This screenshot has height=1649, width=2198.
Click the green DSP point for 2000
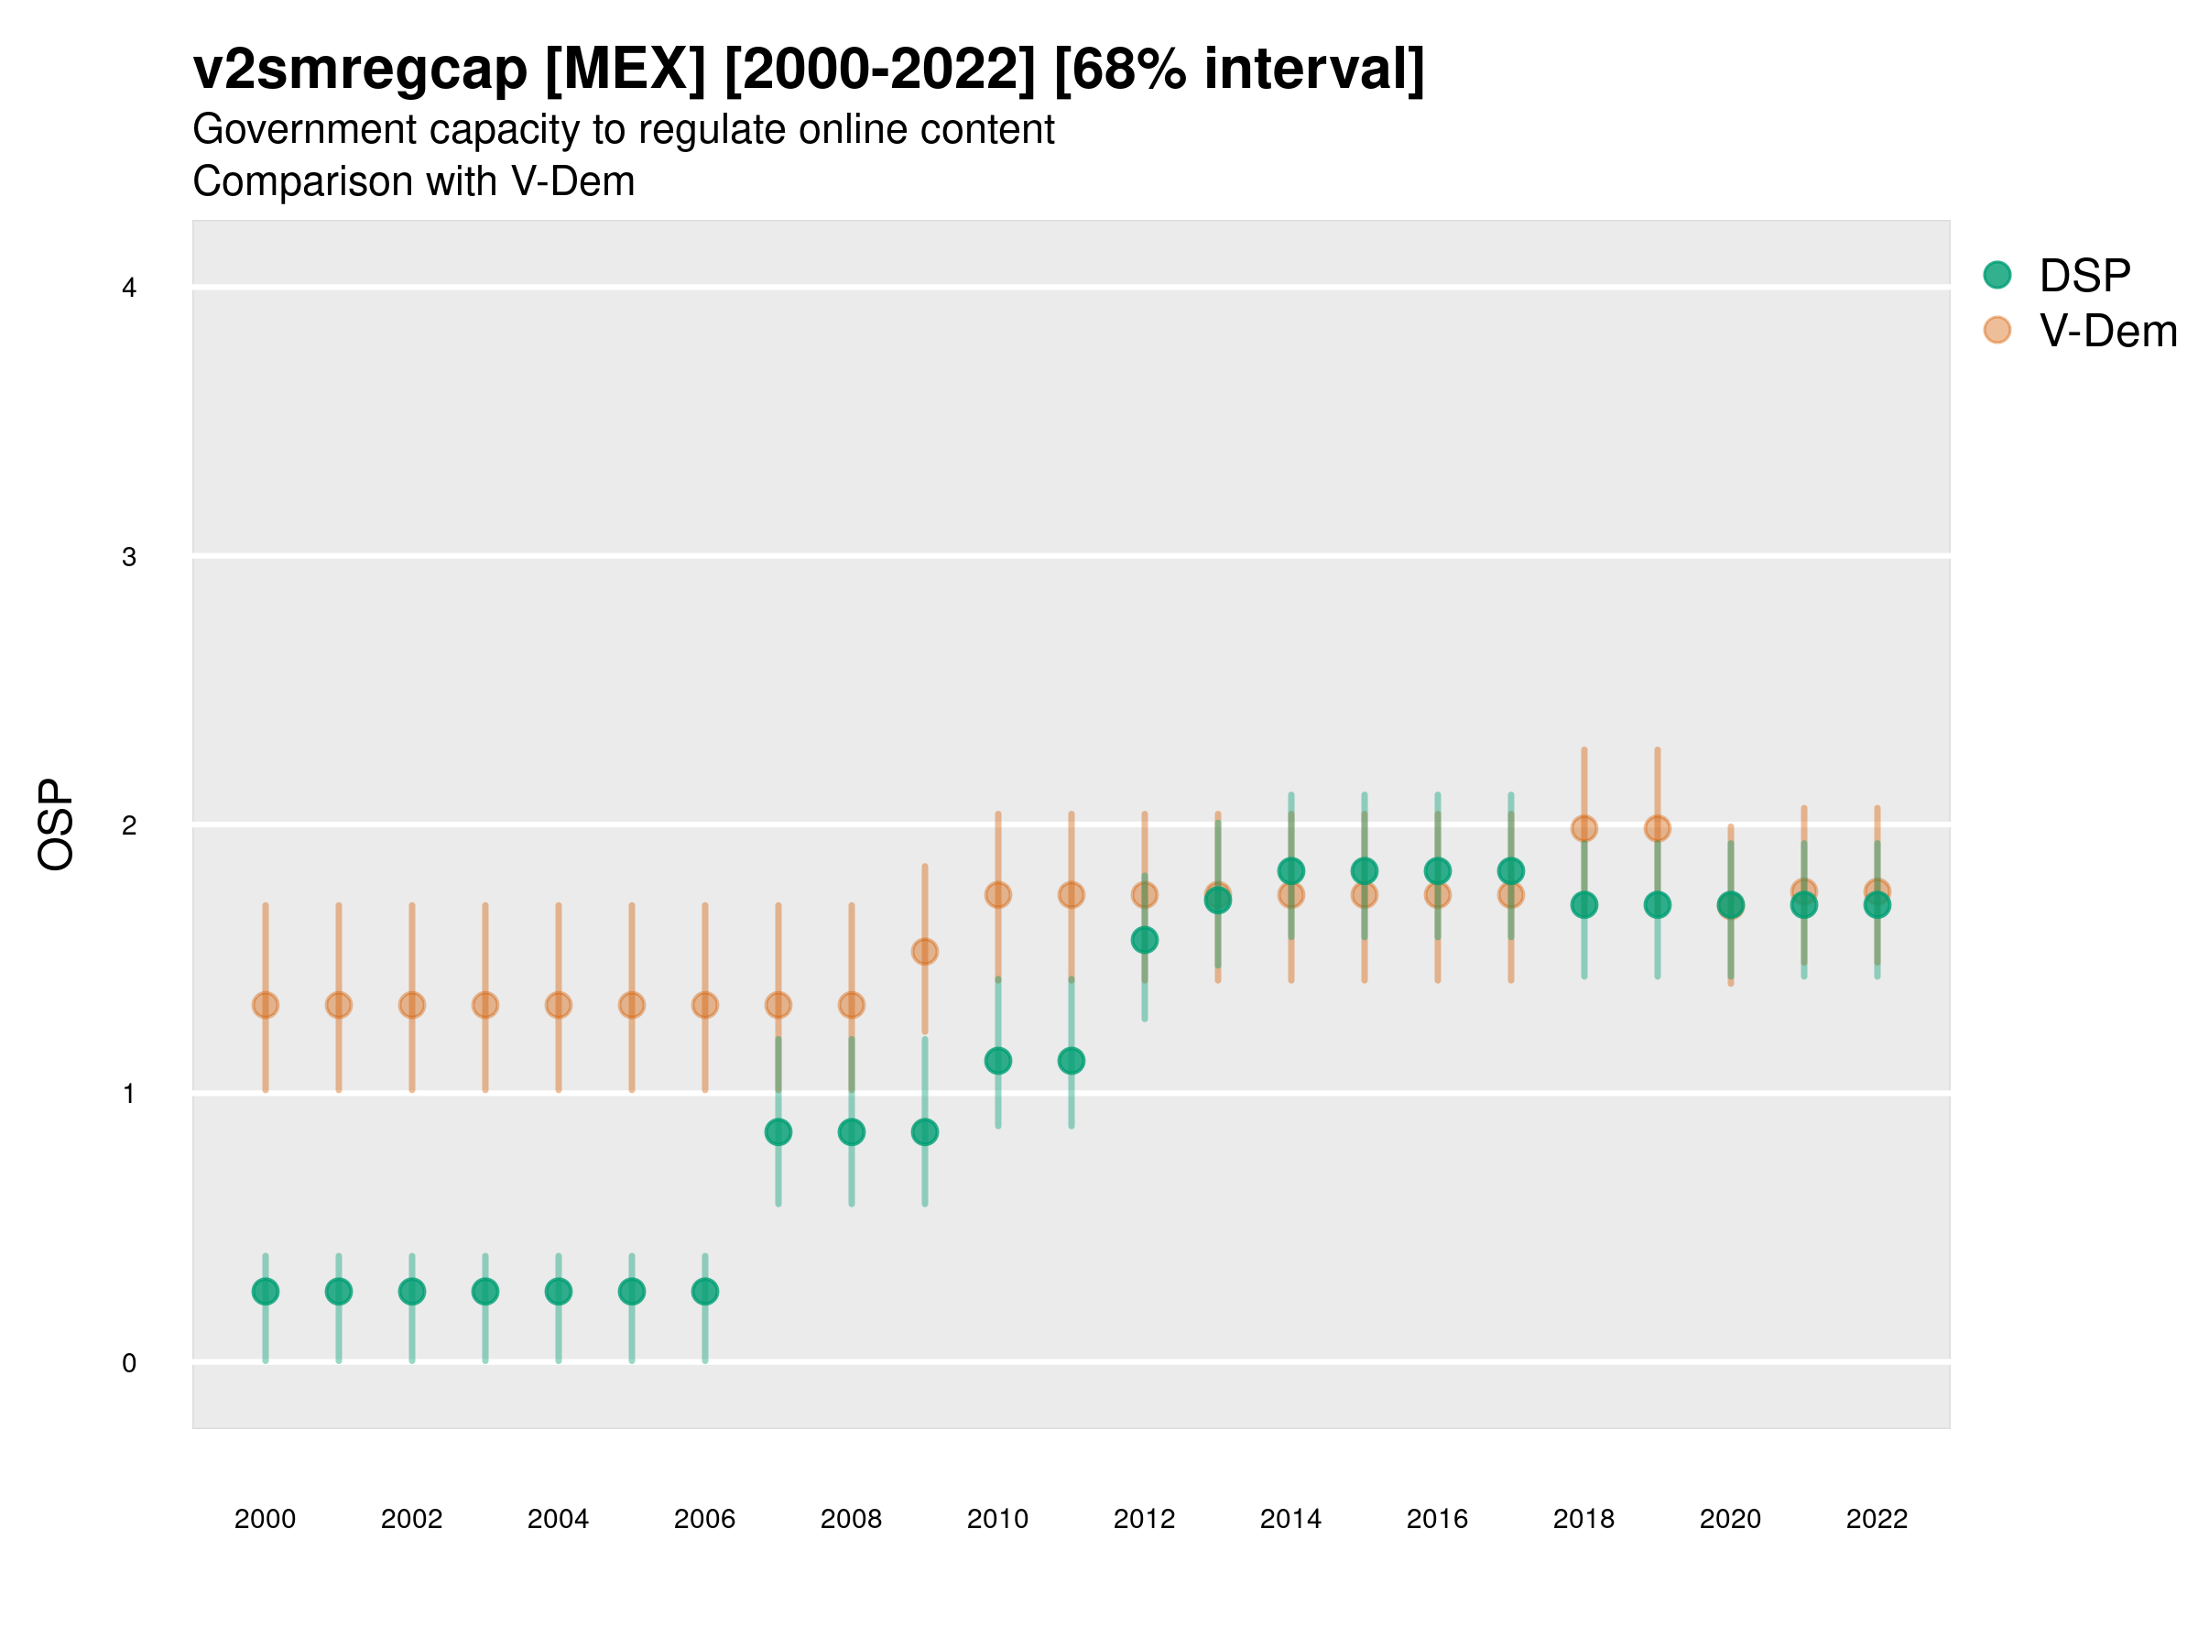(266, 1291)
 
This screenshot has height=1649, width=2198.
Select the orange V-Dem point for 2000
(266, 1005)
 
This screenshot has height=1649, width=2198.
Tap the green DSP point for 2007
(778, 1132)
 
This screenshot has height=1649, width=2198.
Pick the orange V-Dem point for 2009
(925, 951)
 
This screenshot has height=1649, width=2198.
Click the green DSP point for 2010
(997, 1061)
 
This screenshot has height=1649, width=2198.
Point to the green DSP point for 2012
(1145, 939)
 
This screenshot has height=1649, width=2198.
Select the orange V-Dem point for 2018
(1583, 828)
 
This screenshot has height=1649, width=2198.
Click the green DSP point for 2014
(1290, 870)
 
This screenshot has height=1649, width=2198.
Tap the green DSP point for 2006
(704, 1291)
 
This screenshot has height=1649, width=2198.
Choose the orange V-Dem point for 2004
(559, 1005)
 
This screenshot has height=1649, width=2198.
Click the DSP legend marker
(1997, 274)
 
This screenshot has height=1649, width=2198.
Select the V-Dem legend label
(2107, 331)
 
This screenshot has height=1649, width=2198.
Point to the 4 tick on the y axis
(129, 289)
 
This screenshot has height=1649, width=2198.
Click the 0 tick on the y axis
(129, 1363)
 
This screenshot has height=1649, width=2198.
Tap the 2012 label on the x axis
(1145, 1519)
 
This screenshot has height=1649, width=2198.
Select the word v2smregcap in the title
(360, 70)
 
